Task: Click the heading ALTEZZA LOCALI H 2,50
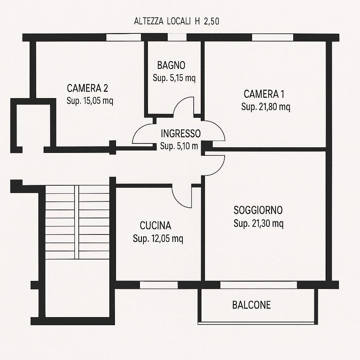click(176, 21)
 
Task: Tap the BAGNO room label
click(171, 65)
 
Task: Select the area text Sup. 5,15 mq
click(174, 78)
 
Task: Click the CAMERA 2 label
click(88, 88)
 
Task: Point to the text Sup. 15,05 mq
click(90, 101)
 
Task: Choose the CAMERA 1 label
click(264, 94)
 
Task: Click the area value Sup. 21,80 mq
click(266, 107)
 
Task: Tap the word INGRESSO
click(181, 134)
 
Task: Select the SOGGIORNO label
click(258, 210)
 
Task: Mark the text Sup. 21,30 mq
click(258, 223)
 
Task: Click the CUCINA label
click(155, 226)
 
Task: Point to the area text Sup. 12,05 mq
click(158, 239)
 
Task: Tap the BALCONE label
click(251, 305)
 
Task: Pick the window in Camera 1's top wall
click(273, 37)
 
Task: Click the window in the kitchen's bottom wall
click(159, 285)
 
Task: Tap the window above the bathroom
click(177, 37)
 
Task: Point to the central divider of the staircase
click(77, 222)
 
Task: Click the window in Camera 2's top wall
click(123, 37)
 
